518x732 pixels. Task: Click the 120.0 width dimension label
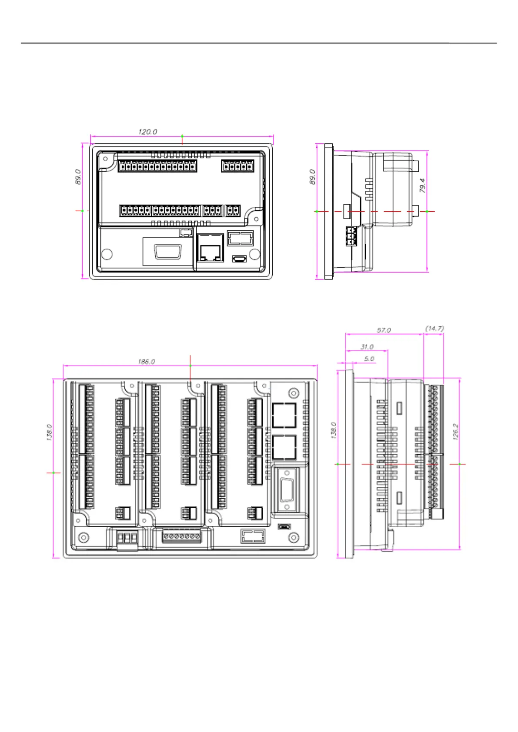click(147, 132)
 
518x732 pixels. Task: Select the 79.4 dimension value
click(422, 185)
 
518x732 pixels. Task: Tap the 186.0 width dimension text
click(146, 362)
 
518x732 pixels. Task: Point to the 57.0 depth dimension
click(384, 330)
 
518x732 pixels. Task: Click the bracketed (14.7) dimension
click(434, 328)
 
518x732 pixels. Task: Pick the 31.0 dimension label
click(367, 347)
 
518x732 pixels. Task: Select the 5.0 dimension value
click(369, 359)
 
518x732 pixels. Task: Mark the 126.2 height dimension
click(455, 432)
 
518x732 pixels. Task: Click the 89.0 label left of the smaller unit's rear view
click(78, 177)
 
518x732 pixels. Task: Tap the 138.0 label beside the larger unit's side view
click(334, 430)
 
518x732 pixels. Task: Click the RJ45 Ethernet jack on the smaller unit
click(211, 248)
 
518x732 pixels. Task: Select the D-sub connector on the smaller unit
click(167, 251)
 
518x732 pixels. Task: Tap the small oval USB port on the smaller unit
click(239, 259)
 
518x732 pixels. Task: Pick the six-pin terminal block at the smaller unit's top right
click(237, 166)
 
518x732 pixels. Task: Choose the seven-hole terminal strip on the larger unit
click(182, 536)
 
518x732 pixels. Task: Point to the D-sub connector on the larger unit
click(287, 490)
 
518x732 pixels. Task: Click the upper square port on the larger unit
click(284, 415)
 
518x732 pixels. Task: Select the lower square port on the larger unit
click(284, 447)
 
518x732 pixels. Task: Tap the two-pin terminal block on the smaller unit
click(233, 211)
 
